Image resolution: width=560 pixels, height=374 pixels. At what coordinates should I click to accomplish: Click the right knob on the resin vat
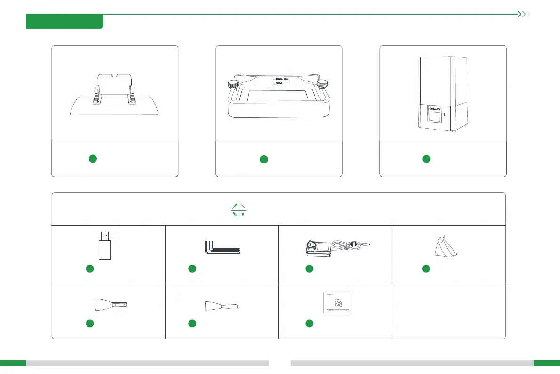[x=322, y=84]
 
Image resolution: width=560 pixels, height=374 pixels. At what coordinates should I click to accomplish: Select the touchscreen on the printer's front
[x=434, y=114]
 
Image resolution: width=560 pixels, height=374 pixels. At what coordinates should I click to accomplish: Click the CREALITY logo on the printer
[x=434, y=105]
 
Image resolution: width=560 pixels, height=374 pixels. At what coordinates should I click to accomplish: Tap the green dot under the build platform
[x=93, y=159]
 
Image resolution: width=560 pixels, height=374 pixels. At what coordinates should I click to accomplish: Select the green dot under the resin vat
[x=264, y=159]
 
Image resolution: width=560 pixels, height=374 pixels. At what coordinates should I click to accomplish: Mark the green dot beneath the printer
[x=426, y=159]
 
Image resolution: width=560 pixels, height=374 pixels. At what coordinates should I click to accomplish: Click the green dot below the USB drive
[x=90, y=268]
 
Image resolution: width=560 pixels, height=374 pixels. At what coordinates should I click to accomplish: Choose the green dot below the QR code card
[x=309, y=323]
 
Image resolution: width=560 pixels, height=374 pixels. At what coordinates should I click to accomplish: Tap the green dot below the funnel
[x=426, y=268]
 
